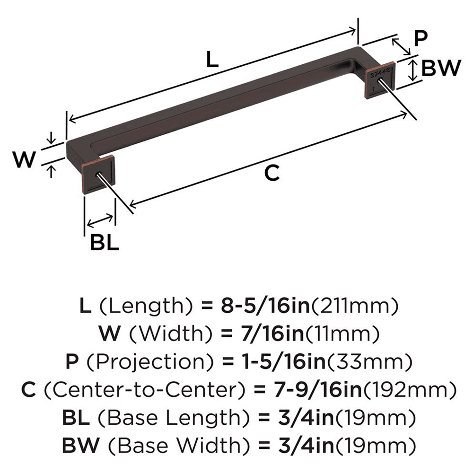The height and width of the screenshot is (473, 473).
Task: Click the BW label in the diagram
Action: pyautogui.click(x=440, y=69)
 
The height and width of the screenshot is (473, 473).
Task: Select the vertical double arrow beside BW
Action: pyautogui.click(x=413, y=70)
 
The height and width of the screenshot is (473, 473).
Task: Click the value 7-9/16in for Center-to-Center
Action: pyautogui.click(x=307, y=390)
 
